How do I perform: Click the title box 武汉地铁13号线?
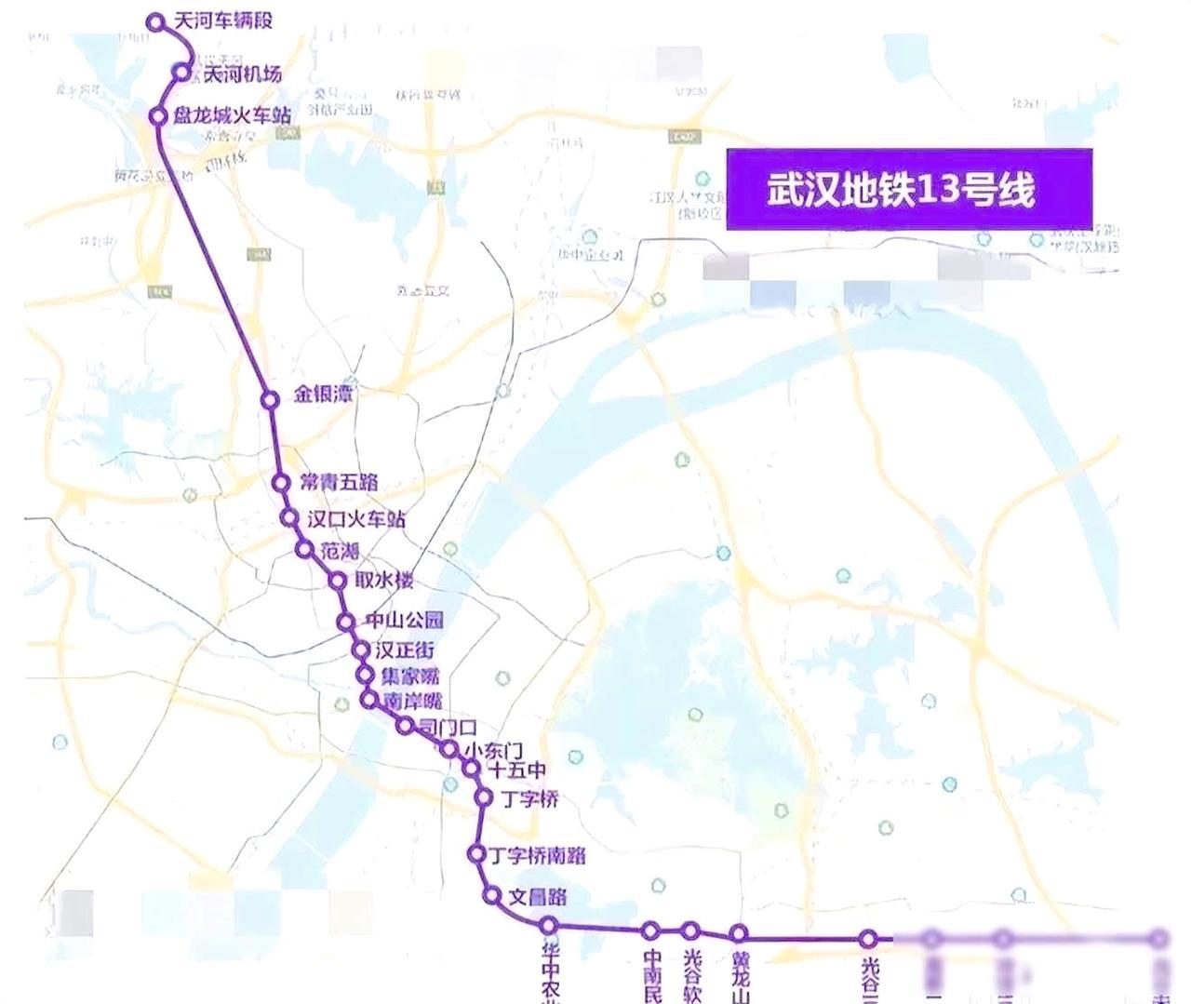(x=908, y=189)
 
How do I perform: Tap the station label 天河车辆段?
(x=223, y=20)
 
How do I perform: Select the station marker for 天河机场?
(x=182, y=72)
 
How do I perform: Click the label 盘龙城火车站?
(x=232, y=115)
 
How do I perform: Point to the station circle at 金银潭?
(x=270, y=400)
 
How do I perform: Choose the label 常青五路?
(x=339, y=482)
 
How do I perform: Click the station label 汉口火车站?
(x=356, y=519)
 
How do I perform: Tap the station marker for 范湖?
(x=304, y=550)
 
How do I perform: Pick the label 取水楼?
(x=383, y=581)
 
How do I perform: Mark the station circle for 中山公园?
(x=346, y=622)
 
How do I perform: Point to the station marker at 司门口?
(x=406, y=726)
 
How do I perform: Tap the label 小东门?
(x=494, y=750)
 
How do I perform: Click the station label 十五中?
(x=518, y=770)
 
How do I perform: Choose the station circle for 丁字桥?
(x=484, y=797)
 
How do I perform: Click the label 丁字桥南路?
(x=538, y=854)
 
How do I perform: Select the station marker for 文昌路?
(x=492, y=896)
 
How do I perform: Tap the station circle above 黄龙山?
(x=739, y=933)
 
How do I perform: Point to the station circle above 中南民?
(x=650, y=930)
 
